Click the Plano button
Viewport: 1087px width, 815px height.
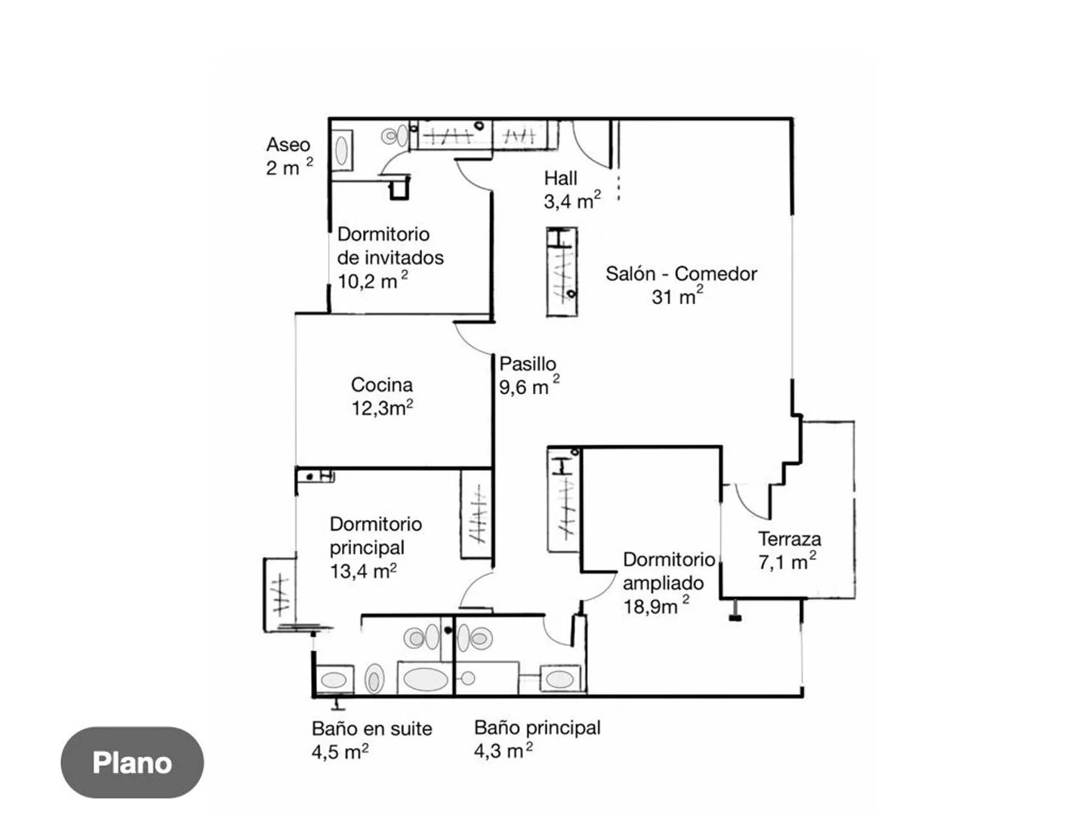[x=132, y=762]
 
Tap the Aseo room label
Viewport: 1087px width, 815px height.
[x=288, y=144]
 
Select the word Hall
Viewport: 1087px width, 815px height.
[x=560, y=178]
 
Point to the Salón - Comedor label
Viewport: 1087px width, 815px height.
[x=681, y=274]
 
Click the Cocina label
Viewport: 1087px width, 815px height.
[x=381, y=385]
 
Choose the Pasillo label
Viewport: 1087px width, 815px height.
[x=528, y=364]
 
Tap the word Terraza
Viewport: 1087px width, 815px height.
[x=790, y=539]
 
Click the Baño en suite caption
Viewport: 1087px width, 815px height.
[x=371, y=728]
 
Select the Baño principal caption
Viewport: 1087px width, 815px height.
[x=537, y=727]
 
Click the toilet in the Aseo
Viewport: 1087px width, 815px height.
[x=395, y=135]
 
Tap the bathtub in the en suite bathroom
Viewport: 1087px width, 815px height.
[x=425, y=679]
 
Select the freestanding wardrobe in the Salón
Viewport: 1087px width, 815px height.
[x=562, y=272]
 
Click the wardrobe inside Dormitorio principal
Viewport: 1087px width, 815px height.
[x=476, y=514]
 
